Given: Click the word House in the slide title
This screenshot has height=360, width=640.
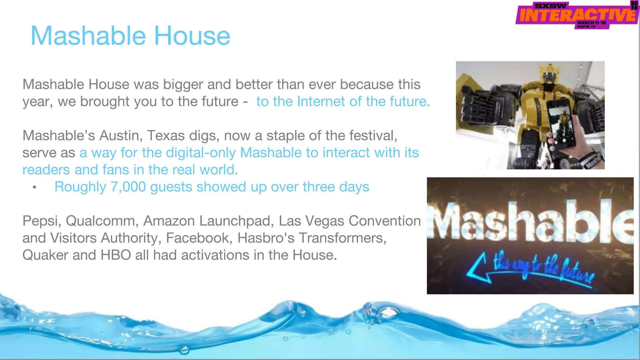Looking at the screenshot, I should pos(192,36).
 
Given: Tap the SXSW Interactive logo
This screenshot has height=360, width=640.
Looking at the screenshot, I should pos(577,15).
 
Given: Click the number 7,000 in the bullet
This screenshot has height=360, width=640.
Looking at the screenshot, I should pos(128,187).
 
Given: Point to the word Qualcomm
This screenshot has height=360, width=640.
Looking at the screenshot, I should pos(102,221).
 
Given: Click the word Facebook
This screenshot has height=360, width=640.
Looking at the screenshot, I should pos(199,238).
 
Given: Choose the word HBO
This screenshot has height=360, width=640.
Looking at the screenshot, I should pos(116,255).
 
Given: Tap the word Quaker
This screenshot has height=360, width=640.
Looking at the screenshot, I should pos(45,255).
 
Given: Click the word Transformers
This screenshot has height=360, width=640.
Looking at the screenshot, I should pos(342,238).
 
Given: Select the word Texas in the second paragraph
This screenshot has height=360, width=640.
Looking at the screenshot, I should pos(163,136).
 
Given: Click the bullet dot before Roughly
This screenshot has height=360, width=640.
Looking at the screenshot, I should pos(34,187).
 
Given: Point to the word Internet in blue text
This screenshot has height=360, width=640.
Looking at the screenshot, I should pos(321,102).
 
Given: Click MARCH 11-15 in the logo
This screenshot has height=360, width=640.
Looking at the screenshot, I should pos(591,23).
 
